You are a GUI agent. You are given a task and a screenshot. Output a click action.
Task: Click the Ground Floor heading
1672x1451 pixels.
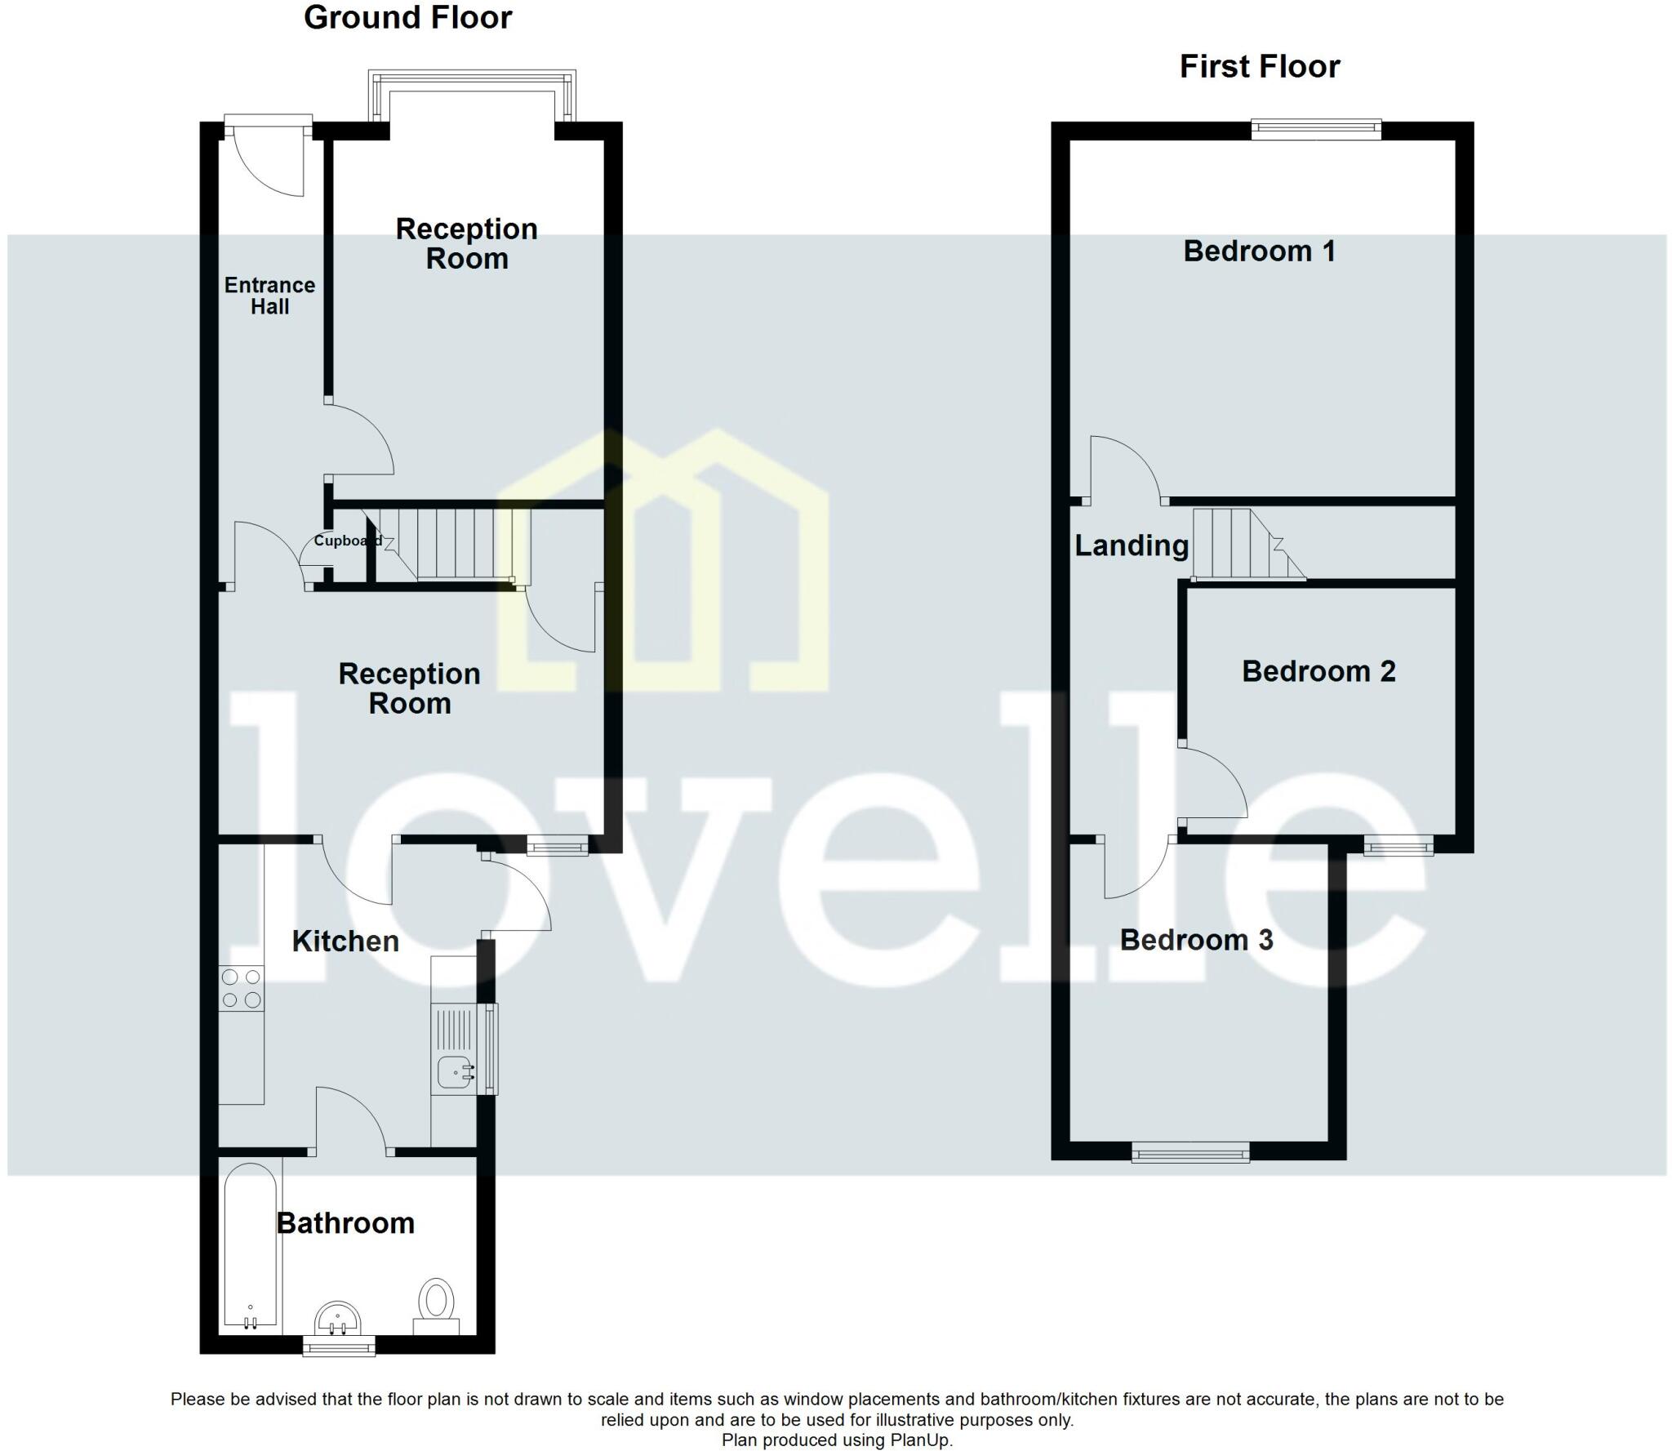pos(407,18)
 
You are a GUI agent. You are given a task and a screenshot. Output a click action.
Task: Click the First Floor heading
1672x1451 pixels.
pos(1259,67)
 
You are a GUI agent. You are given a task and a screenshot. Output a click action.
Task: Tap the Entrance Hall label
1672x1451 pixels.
pos(269,296)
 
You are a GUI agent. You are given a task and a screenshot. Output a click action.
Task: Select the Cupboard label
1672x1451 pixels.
pos(347,541)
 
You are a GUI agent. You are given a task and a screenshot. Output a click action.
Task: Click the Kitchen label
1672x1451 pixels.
pos(345,941)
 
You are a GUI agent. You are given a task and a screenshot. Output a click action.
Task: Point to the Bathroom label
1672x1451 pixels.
pos(345,1223)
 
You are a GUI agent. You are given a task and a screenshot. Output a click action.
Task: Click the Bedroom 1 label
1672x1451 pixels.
pos(1259,251)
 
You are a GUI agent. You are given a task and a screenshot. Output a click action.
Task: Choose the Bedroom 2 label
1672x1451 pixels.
pos(1318,671)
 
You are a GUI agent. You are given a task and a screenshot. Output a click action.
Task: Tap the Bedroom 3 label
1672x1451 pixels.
pos(1196,940)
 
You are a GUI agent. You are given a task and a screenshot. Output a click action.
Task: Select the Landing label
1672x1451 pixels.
pos(1132,545)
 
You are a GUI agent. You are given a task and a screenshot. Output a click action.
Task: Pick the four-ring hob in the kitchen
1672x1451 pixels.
pos(242,988)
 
